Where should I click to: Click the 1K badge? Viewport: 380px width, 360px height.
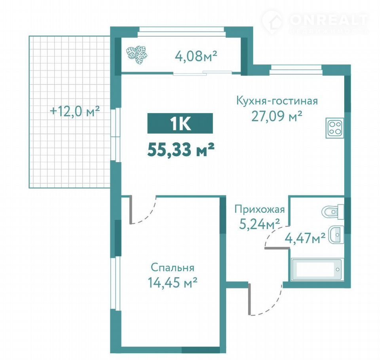click(180, 123)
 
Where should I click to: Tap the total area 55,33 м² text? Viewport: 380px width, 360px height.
click(181, 150)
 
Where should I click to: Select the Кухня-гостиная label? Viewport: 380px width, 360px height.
click(277, 101)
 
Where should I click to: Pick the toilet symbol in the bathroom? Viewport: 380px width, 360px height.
click(333, 212)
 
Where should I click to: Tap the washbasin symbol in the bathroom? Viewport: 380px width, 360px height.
click(336, 235)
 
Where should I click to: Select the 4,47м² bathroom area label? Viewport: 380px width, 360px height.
click(305, 238)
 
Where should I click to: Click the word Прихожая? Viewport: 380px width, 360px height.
click(260, 209)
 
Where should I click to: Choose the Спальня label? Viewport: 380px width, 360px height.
click(173, 268)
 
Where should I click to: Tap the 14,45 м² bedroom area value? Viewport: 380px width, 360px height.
click(172, 282)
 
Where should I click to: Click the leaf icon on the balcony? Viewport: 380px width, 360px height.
click(137, 55)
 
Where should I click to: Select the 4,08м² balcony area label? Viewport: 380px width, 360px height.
click(196, 56)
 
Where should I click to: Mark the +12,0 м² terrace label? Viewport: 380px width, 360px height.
click(75, 112)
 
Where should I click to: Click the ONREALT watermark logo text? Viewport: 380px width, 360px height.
click(329, 20)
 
